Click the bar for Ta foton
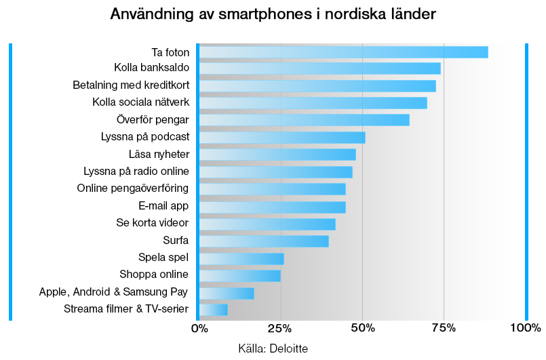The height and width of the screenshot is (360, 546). [343, 52]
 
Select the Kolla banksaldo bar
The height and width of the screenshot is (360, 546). [319, 68]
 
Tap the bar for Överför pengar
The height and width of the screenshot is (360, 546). [304, 120]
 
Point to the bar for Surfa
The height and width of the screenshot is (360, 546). [264, 241]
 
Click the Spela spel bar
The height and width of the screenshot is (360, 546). [241, 258]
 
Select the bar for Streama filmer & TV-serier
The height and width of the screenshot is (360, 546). [213, 310]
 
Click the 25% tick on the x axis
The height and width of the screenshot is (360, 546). [280, 329]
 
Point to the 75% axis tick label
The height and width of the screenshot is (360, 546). [444, 329]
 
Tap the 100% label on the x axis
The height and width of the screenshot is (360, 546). [525, 329]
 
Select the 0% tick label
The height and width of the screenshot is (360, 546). [199, 329]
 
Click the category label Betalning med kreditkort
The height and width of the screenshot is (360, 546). [130, 85]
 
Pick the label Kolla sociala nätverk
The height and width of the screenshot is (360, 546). [140, 103]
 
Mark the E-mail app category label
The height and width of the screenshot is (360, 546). [163, 205]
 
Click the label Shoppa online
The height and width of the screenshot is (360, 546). [154, 275]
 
